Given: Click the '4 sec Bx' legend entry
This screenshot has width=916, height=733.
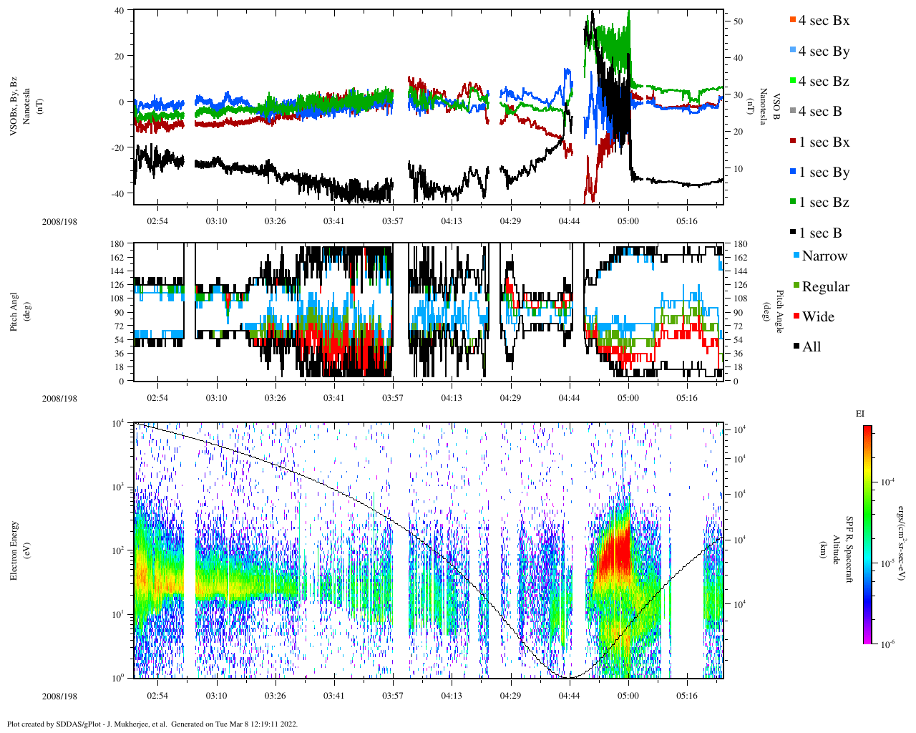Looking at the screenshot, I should (x=823, y=21).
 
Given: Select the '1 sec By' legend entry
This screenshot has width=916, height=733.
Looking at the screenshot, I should (x=823, y=173).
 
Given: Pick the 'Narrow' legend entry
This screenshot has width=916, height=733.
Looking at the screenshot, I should (x=824, y=256).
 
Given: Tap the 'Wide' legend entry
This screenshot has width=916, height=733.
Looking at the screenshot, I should (x=817, y=317).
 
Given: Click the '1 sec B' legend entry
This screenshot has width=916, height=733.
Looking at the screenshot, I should (x=819, y=233).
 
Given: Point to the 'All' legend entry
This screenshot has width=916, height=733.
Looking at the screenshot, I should (x=811, y=347).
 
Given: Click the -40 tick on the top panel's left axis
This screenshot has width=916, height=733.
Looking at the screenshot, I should (x=118, y=193).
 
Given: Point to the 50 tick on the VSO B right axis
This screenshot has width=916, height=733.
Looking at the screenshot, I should (x=738, y=21).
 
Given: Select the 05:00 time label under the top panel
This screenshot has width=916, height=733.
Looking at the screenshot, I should (x=628, y=221).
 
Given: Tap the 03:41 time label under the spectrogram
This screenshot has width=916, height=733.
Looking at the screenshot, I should (x=333, y=696).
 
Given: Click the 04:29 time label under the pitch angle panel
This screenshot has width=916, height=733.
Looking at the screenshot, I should (x=510, y=399).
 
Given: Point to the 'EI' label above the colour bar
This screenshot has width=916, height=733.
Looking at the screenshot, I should (x=860, y=414).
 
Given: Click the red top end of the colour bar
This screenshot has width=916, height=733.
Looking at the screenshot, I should (x=867, y=429).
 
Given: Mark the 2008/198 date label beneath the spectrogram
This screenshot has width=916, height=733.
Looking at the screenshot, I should (x=59, y=696).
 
